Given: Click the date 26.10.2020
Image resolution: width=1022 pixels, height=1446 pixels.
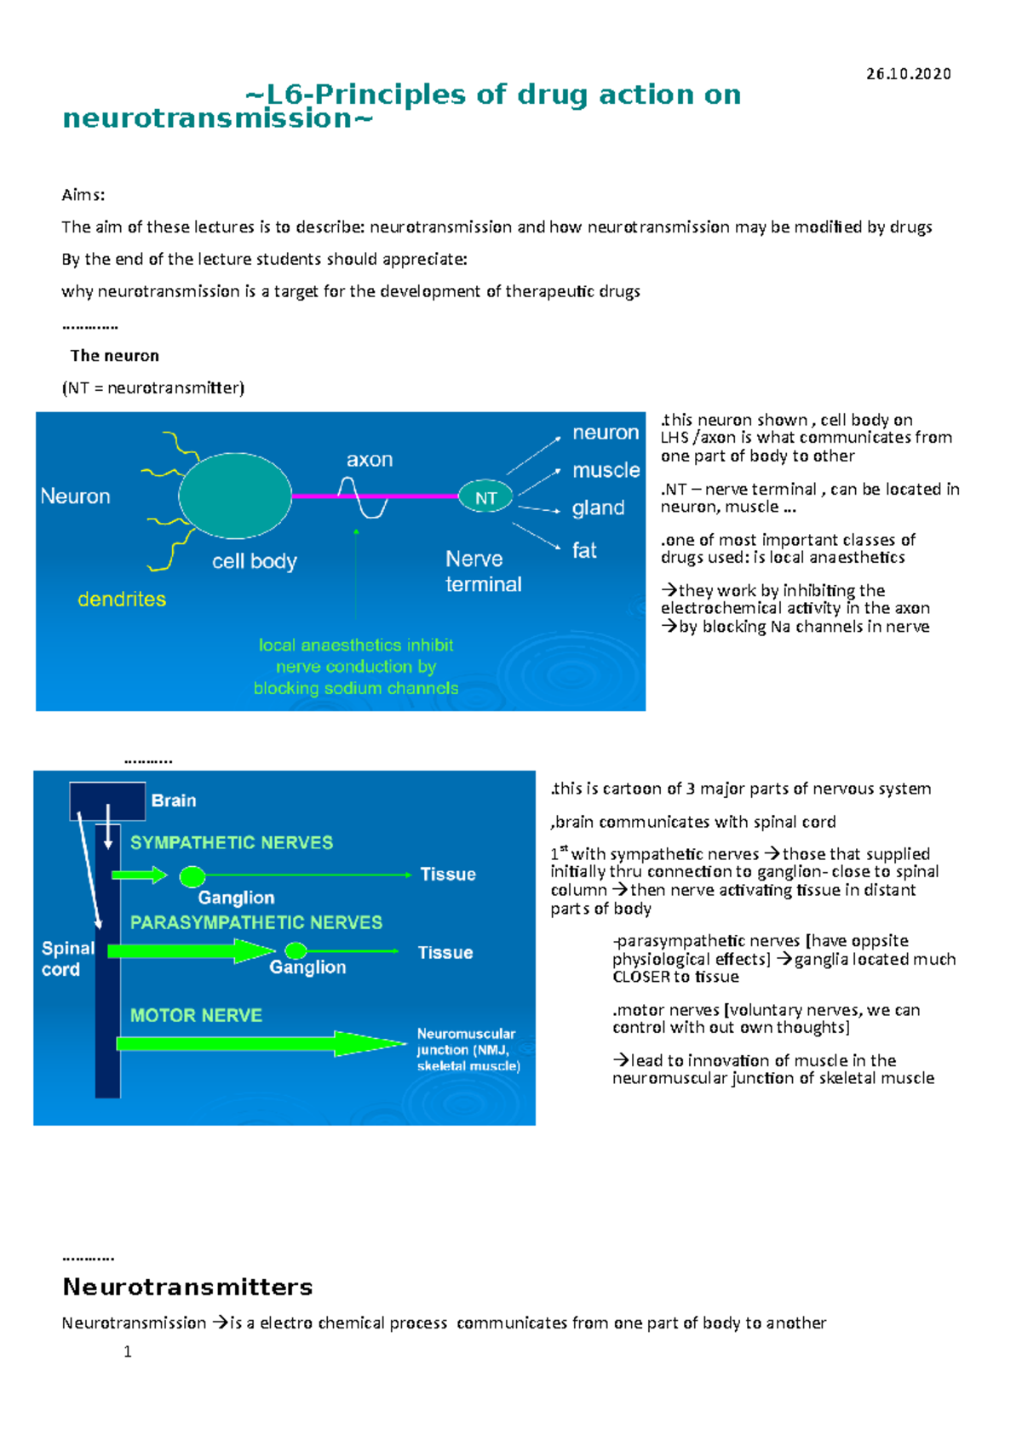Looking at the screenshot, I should [x=908, y=74].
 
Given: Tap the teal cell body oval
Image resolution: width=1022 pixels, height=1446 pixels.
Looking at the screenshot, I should [x=236, y=496].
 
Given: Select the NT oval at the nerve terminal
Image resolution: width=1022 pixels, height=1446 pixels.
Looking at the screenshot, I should [x=485, y=497].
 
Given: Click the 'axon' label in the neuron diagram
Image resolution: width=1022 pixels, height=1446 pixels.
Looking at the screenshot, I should [x=370, y=460].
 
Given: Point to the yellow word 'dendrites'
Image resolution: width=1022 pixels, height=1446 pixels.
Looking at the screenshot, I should [x=122, y=600].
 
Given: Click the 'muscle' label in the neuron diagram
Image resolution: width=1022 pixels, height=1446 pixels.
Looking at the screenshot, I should [x=606, y=470].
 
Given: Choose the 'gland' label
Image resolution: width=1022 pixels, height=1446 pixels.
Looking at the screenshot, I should [x=598, y=508].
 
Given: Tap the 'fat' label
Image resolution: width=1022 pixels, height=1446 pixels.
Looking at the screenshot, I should [x=584, y=551].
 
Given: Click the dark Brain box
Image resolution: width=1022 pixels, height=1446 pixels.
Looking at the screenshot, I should [x=107, y=800].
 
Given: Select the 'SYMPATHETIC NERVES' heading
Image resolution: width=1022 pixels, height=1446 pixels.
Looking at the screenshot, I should [x=232, y=842].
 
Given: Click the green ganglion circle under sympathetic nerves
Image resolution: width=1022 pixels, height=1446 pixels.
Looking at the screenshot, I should [x=192, y=876].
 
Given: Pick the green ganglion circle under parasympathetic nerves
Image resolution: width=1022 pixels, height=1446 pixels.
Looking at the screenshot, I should [x=296, y=950].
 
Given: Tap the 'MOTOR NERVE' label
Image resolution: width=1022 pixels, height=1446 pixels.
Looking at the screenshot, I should [x=196, y=1015].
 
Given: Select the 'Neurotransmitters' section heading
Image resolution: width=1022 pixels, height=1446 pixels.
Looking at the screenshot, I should [x=187, y=1287].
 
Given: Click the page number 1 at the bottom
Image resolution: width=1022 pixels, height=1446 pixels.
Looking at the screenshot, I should [x=128, y=1352].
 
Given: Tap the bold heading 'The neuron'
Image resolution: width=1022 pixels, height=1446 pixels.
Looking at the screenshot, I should [x=114, y=356].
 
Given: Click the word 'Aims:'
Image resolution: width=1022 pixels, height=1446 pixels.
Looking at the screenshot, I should [x=83, y=195].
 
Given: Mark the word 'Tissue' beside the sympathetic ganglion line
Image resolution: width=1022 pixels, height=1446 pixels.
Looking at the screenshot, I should [x=448, y=875].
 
